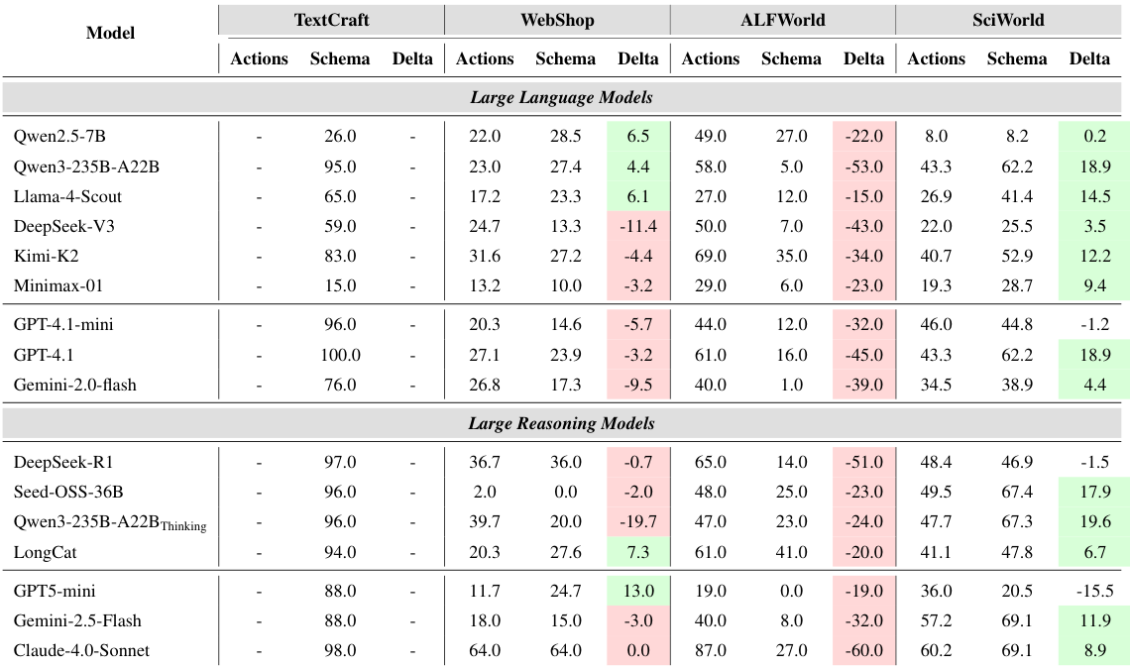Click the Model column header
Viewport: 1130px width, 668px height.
[110, 33]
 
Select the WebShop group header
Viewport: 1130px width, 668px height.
[557, 19]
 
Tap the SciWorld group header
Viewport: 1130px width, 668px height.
[1008, 19]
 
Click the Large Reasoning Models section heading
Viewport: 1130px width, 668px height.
[561, 423]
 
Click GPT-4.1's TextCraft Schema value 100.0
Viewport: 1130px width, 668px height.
[340, 355]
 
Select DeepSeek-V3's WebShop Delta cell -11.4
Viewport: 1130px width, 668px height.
[637, 226]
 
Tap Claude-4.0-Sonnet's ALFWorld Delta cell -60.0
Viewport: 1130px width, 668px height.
[862, 650]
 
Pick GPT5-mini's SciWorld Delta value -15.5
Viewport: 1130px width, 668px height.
[1088, 591]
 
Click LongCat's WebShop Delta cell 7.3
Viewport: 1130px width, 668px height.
[637, 551]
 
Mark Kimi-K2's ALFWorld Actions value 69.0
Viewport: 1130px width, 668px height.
[710, 256]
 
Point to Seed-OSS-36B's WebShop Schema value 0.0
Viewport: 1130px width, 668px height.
[565, 492]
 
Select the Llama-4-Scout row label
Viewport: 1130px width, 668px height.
[68, 196]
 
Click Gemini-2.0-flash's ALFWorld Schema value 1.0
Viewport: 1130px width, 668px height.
[791, 385]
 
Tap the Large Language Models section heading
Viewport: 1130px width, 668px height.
[561, 97]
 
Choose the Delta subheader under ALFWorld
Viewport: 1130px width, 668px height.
[863, 58]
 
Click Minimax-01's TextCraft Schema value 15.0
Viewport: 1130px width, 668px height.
[340, 285]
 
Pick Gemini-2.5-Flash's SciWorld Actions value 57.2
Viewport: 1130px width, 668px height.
[936, 620]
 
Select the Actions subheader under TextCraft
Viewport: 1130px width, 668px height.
[259, 58]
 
